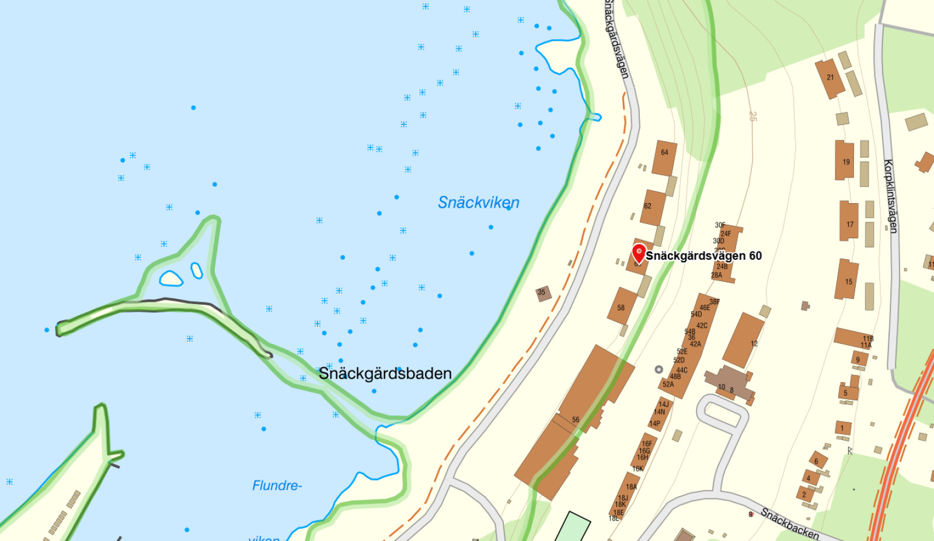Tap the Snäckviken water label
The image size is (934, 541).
coord(478,203)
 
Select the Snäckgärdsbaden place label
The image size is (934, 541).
coord(385,374)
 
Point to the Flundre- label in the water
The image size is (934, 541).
coord(277,486)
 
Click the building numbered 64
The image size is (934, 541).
coord(664,158)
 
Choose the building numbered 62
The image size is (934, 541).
coord(653,207)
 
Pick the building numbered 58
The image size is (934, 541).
coord(622,306)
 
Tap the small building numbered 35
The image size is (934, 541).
coord(543,293)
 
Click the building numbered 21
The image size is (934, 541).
coord(830,78)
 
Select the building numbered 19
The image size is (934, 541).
coord(845,160)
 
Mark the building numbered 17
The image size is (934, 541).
coord(849,221)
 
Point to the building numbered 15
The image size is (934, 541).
coord(848,280)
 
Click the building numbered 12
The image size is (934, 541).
coord(744,341)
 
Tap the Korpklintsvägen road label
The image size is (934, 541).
coord(890,196)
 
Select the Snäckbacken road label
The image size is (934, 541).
coord(790,523)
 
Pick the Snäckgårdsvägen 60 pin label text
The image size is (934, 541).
coord(703,256)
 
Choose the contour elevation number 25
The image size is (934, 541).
coord(753,117)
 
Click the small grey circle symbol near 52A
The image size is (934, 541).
coord(658,369)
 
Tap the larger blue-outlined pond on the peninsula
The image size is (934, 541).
coord(171,278)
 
